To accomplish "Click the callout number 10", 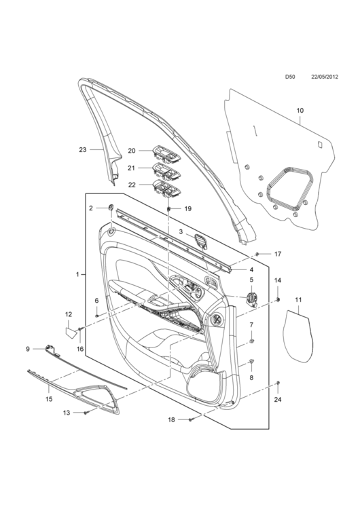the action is point(300,111).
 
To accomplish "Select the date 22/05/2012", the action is point(325,77).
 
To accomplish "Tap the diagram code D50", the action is point(290,77).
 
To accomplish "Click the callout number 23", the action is point(83,150).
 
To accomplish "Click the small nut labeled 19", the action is point(169,208).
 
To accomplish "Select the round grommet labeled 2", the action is point(111,208).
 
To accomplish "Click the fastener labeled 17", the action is point(257,254).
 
